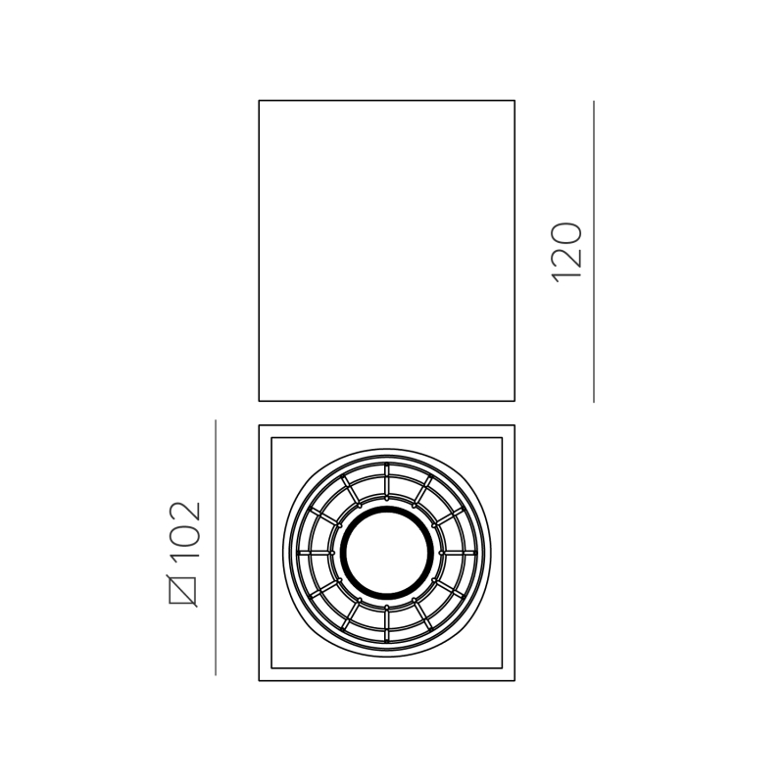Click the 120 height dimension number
[x=566, y=253]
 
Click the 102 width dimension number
[x=184, y=530]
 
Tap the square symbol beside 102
[x=182, y=591]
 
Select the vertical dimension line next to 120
[x=594, y=252]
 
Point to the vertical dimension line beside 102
[x=216, y=548]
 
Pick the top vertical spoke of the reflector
[x=386, y=480]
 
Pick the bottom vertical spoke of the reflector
[x=386, y=624]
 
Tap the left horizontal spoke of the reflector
[x=315, y=553]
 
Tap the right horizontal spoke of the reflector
[x=459, y=553]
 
